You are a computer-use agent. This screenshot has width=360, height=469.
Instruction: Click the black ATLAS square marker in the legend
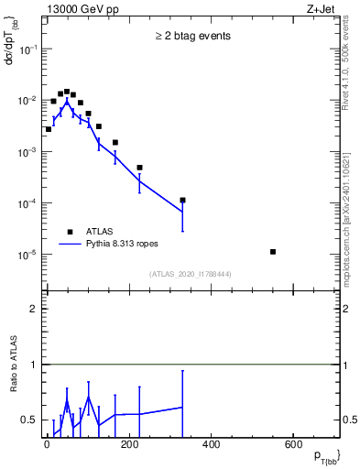pos(70,232)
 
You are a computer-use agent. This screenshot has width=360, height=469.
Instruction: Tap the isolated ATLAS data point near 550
pos(274,251)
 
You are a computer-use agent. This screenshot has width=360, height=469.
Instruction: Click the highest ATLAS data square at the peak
pos(67,92)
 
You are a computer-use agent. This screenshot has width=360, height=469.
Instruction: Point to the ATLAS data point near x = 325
pos(182,200)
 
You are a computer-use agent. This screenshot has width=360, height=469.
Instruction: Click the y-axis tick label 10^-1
pos(28,50)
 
